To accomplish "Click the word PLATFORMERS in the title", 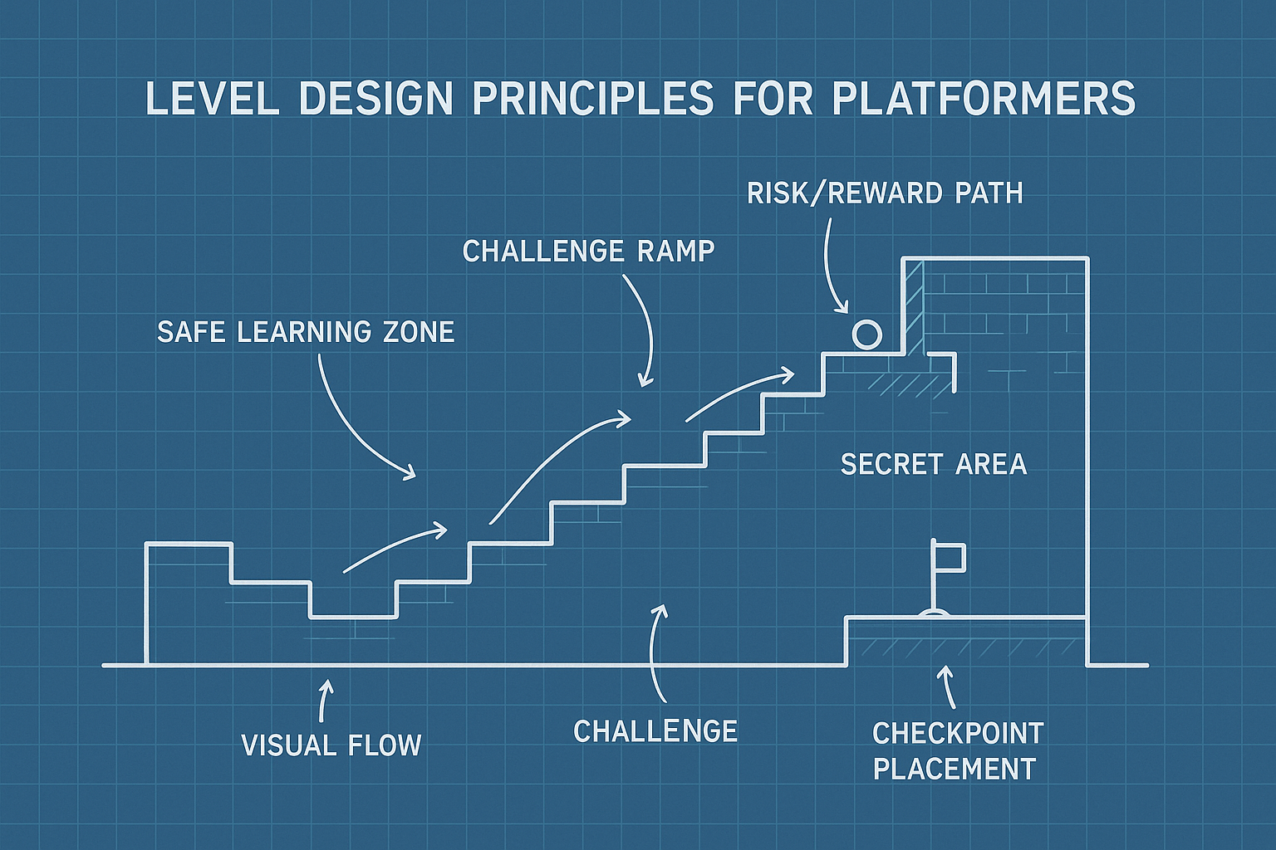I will pos(983,99).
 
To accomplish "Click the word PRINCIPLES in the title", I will pos(593,99).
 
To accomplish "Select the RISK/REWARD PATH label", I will pos(885,193).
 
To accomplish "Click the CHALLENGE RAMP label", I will pos(588,251).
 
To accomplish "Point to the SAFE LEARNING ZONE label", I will pos(306,332).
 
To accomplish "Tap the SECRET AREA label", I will pos(934,464).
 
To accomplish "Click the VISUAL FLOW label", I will pos(331,745).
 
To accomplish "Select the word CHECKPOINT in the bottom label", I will pos(958,734).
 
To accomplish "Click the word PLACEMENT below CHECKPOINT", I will pos(955,769).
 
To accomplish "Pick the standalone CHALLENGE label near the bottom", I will pos(655,731).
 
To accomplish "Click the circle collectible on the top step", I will pos(866,335).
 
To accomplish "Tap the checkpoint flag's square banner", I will pos(949,556).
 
